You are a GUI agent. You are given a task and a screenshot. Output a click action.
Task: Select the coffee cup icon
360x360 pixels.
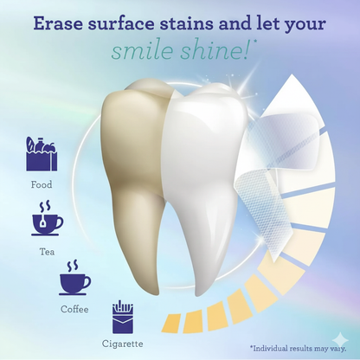74,279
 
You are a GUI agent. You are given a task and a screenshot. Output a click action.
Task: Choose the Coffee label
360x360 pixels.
74,308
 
